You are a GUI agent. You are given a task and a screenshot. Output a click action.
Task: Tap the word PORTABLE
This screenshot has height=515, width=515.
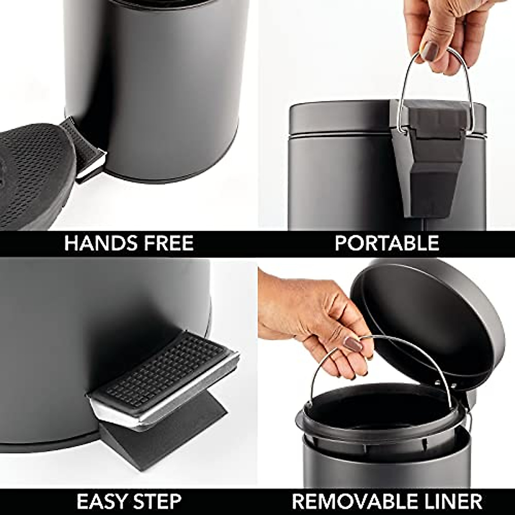coord(387,243)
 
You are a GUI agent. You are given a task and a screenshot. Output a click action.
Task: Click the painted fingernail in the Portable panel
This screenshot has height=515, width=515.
coord(429,52)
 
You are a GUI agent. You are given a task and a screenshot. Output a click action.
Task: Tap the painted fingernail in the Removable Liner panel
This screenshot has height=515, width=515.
coord(353,344)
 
